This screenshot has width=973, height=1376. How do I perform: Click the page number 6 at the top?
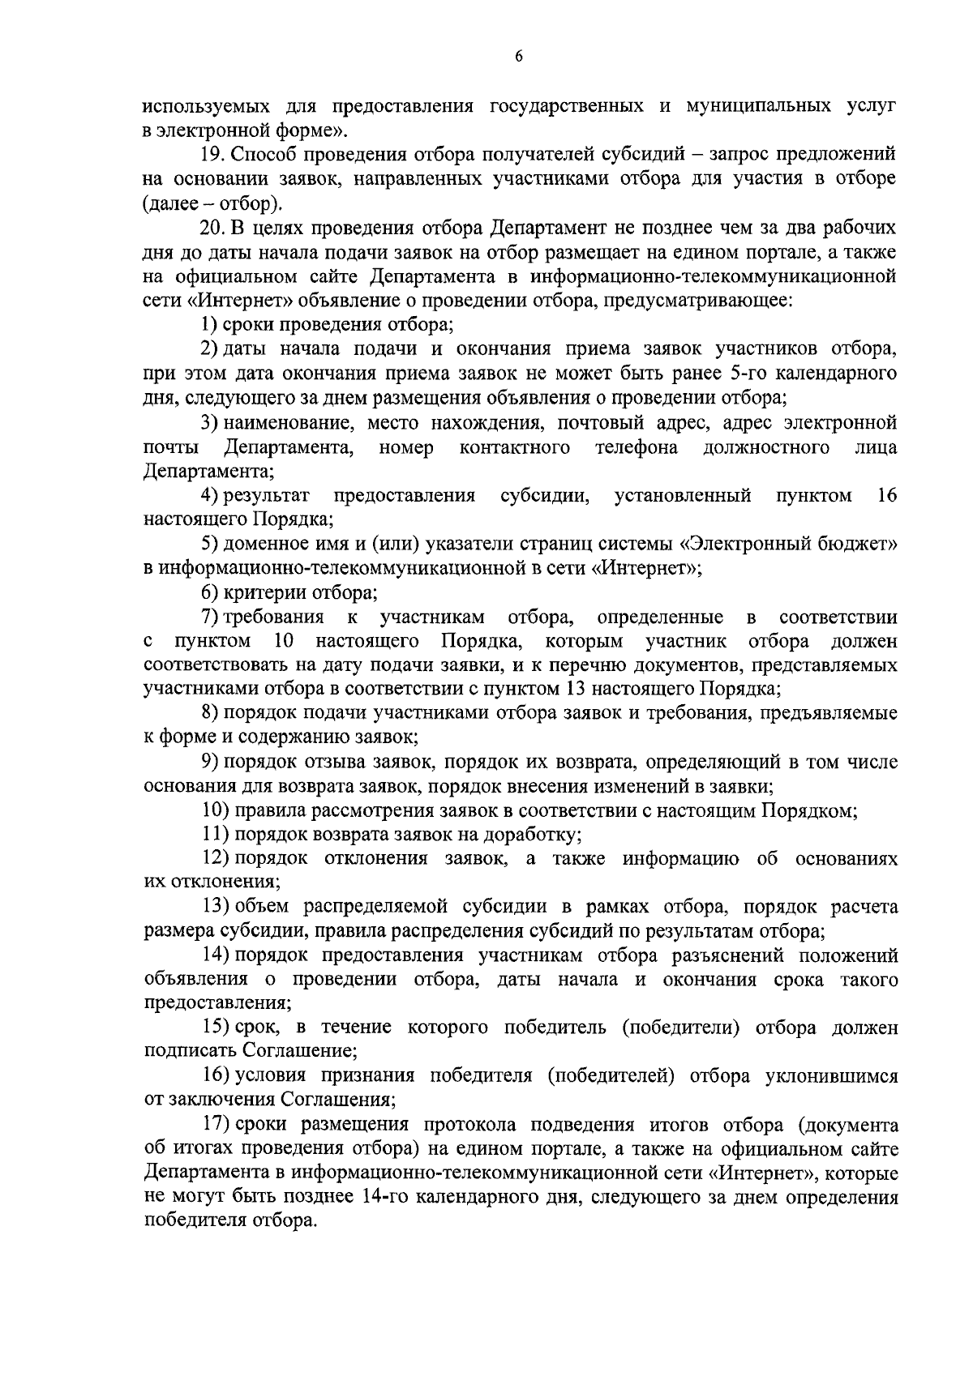(x=518, y=55)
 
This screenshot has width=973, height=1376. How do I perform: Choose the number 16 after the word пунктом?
(x=887, y=496)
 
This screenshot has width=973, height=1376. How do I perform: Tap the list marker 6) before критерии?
(x=210, y=592)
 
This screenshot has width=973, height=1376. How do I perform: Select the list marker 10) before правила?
(x=215, y=810)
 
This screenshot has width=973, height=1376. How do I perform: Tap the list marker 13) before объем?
(x=215, y=907)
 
